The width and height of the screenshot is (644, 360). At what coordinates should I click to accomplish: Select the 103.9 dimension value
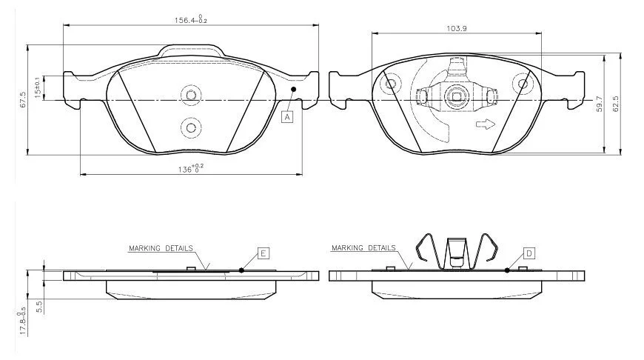456,28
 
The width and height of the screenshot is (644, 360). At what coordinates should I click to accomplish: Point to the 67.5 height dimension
23,99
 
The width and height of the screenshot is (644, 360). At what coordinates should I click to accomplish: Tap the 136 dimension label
190,168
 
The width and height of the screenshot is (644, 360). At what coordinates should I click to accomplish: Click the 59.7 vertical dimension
600,104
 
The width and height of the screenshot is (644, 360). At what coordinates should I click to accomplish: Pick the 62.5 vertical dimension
615,104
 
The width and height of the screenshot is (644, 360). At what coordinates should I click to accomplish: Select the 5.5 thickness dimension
39,307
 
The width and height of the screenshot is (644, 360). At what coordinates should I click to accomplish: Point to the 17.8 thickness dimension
21,323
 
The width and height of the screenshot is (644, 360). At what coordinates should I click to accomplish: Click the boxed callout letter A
287,117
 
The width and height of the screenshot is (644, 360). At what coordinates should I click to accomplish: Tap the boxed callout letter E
264,253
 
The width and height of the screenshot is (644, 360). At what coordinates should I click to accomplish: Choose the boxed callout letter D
529,253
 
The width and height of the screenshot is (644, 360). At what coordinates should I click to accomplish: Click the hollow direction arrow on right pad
486,124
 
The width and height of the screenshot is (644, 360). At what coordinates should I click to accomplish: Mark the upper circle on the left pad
191,96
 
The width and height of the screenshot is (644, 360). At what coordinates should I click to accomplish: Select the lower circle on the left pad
191,128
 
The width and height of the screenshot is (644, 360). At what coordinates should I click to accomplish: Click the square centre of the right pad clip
456,97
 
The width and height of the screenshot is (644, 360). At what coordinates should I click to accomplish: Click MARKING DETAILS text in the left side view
161,248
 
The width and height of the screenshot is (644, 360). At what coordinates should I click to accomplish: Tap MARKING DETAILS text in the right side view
363,248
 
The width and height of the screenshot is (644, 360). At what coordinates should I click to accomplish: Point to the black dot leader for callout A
293,89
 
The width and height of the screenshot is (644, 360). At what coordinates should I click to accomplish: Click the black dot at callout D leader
507,270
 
